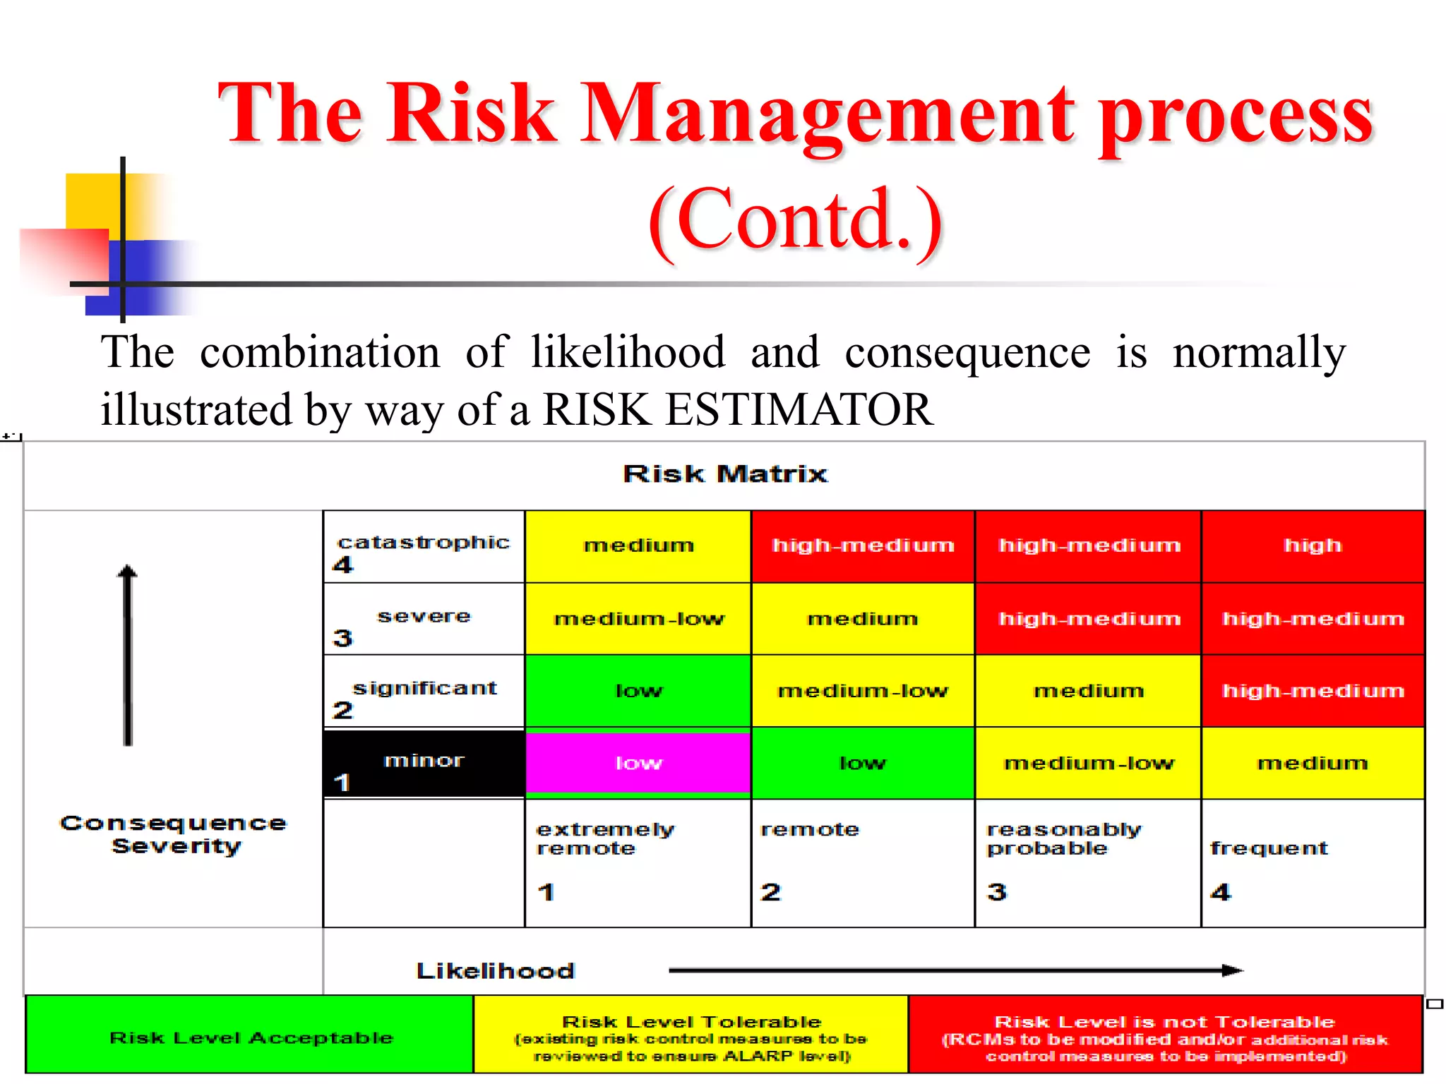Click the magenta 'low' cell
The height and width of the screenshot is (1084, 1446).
pyautogui.click(x=638, y=763)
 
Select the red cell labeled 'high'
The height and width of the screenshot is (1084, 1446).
pyautogui.click(x=1313, y=546)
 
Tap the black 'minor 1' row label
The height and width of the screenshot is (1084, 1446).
pyautogui.click(x=424, y=764)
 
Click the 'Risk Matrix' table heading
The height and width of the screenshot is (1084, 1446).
pyautogui.click(x=724, y=474)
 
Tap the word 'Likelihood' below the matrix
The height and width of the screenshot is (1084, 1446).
pyautogui.click(x=495, y=971)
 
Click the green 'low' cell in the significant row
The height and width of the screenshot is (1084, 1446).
pyautogui.click(x=638, y=691)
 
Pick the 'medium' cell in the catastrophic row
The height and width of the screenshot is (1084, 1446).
pyautogui.click(x=638, y=546)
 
